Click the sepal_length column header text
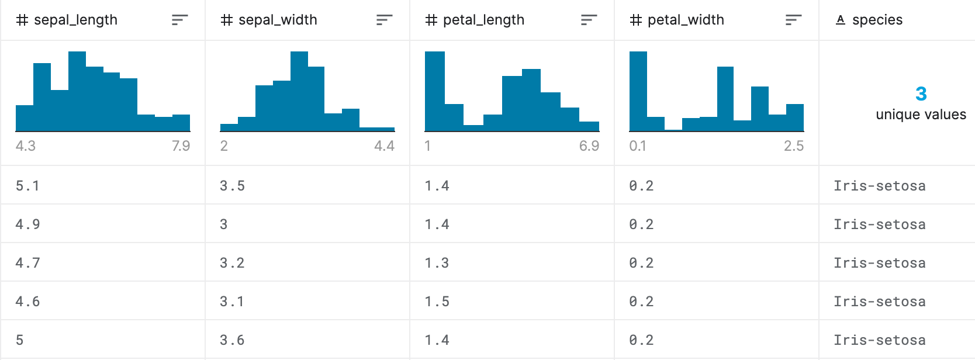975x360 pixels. coord(76,20)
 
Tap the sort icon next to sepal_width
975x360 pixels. coord(385,20)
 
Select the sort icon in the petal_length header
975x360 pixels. coord(589,20)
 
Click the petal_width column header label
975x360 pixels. coord(686,20)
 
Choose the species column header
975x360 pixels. coord(877,20)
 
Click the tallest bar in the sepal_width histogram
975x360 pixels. coord(299,91)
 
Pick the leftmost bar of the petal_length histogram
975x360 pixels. coord(434,91)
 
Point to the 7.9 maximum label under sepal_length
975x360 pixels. coord(181,146)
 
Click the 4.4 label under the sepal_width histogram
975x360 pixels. coord(385,146)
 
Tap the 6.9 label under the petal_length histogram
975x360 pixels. coord(589,146)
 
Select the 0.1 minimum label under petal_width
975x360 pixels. coord(638,146)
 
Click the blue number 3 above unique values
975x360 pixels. coord(921,94)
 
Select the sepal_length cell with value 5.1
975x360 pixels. coord(27,186)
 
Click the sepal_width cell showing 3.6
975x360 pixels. coord(232,340)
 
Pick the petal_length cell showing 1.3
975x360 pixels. coord(437,263)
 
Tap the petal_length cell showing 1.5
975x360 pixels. coord(437,301)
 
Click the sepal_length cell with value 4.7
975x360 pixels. coord(27,263)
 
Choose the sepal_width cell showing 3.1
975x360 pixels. coord(232,301)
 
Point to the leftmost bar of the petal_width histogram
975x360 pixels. coord(638,91)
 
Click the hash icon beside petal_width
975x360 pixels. coord(636,20)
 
